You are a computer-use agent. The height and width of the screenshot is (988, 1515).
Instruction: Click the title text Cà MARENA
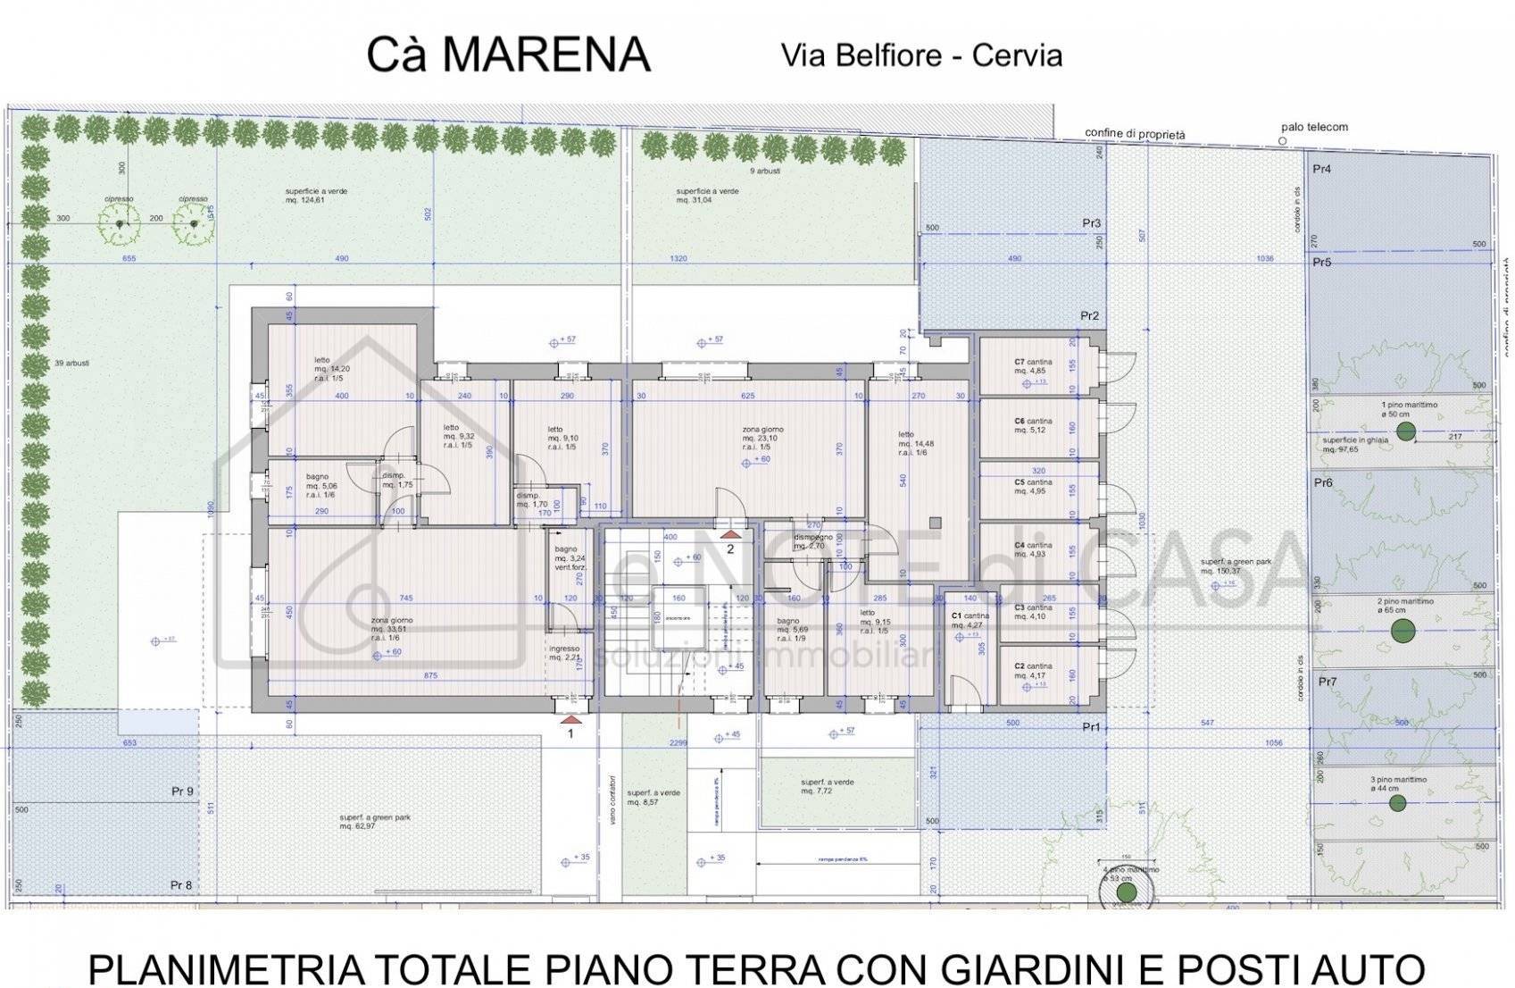coord(508,55)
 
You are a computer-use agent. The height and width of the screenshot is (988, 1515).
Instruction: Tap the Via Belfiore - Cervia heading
coord(921,55)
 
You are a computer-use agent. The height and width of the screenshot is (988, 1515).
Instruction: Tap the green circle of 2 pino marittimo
coord(1403,631)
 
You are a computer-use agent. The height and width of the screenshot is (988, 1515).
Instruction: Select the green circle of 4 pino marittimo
coord(1127,892)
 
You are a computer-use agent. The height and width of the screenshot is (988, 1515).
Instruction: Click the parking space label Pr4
coord(1322,169)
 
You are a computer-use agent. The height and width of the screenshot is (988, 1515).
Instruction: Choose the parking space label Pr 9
coord(183,791)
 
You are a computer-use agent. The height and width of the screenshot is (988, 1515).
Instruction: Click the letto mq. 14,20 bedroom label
coord(330,368)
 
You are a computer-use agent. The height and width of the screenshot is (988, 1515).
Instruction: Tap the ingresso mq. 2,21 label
coord(565,653)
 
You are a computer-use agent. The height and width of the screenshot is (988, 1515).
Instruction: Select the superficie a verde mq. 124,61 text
coord(316,196)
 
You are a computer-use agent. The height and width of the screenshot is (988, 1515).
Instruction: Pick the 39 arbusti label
coord(71,364)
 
